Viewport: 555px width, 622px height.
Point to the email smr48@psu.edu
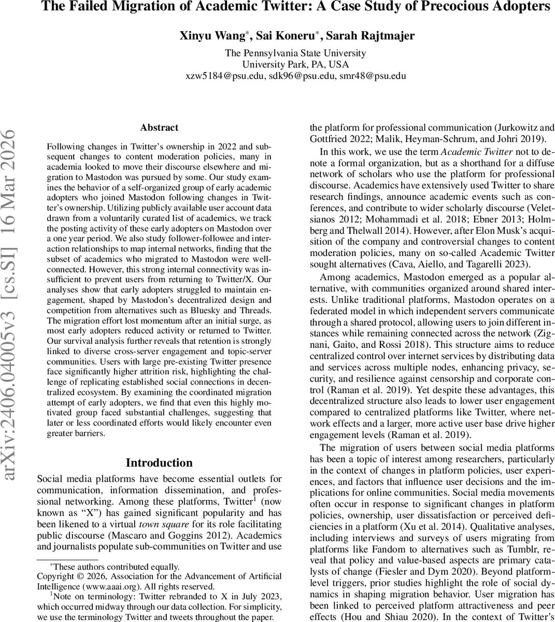pyautogui.click(x=372, y=76)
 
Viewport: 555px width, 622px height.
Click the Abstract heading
pyautogui.click(x=159, y=128)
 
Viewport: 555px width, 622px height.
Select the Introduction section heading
pyautogui.click(x=159, y=463)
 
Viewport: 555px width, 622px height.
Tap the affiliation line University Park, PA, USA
pyautogui.click(x=295, y=64)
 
